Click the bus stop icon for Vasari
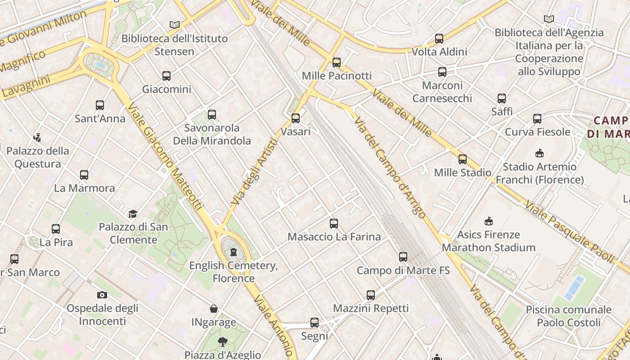click(x=296, y=118)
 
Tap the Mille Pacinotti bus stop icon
click(x=337, y=63)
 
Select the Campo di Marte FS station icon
click(x=403, y=257)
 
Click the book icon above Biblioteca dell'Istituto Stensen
click(x=175, y=25)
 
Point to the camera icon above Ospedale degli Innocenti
click(x=102, y=295)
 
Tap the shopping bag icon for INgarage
click(x=214, y=309)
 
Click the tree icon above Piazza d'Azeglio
click(x=222, y=342)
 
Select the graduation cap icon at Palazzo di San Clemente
click(x=133, y=214)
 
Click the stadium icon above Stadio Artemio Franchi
click(x=540, y=153)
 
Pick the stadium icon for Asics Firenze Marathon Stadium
click(x=489, y=221)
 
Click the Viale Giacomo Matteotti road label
click(x=165, y=157)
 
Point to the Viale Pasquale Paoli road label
click(x=570, y=232)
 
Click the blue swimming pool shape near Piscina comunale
click(x=575, y=288)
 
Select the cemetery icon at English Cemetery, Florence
click(x=233, y=252)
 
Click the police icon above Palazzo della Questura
click(x=37, y=137)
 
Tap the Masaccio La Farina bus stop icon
click(x=334, y=223)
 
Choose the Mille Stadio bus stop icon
click(x=463, y=159)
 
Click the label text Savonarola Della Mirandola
click(x=212, y=134)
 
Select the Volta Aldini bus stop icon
click(x=439, y=39)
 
